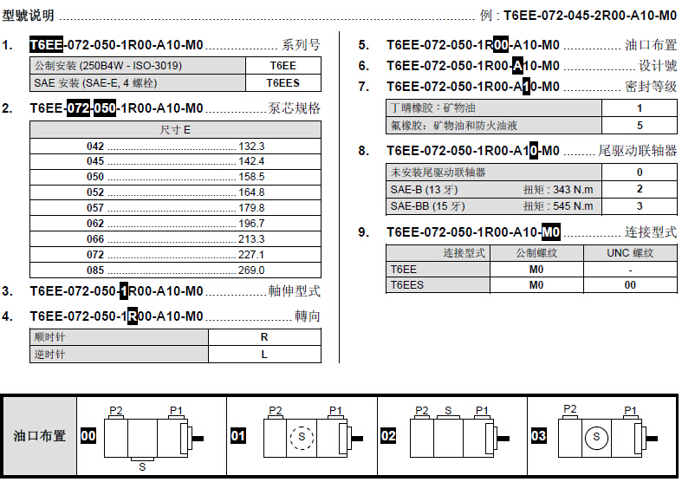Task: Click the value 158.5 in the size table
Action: click(251, 177)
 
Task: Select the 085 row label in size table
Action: click(95, 270)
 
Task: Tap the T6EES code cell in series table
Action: click(283, 82)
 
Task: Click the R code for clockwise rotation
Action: click(264, 337)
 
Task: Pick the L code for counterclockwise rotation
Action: click(264, 355)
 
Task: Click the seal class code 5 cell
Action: click(640, 126)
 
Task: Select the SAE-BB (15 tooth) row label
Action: click(427, 205)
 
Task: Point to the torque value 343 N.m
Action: click(573, 189)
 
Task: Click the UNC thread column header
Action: click(630, 253)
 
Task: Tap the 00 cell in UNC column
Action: click(630, 285)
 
